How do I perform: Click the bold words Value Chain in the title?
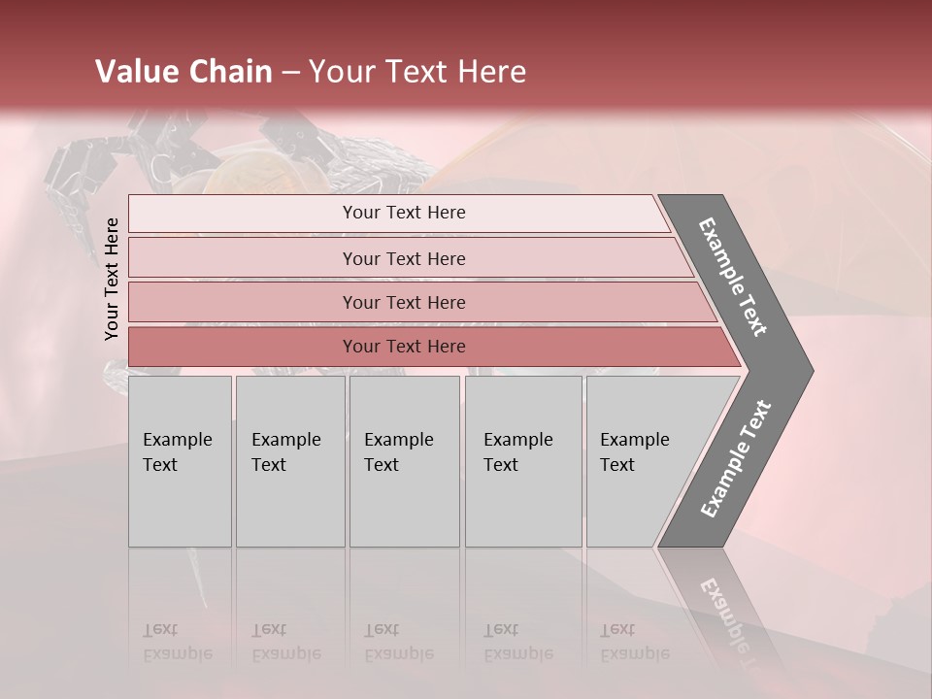[x=183, y=72]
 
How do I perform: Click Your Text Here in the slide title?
[x=417, y=72]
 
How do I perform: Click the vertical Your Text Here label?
[x=112, y=280]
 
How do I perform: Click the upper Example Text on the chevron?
[x=734, y=277]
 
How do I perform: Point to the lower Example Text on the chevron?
[x=736, y=458]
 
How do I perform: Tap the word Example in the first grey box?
[x=177, y=440]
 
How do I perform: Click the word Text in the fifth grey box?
[x=617, y=465]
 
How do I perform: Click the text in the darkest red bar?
[x=404, y=347]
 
